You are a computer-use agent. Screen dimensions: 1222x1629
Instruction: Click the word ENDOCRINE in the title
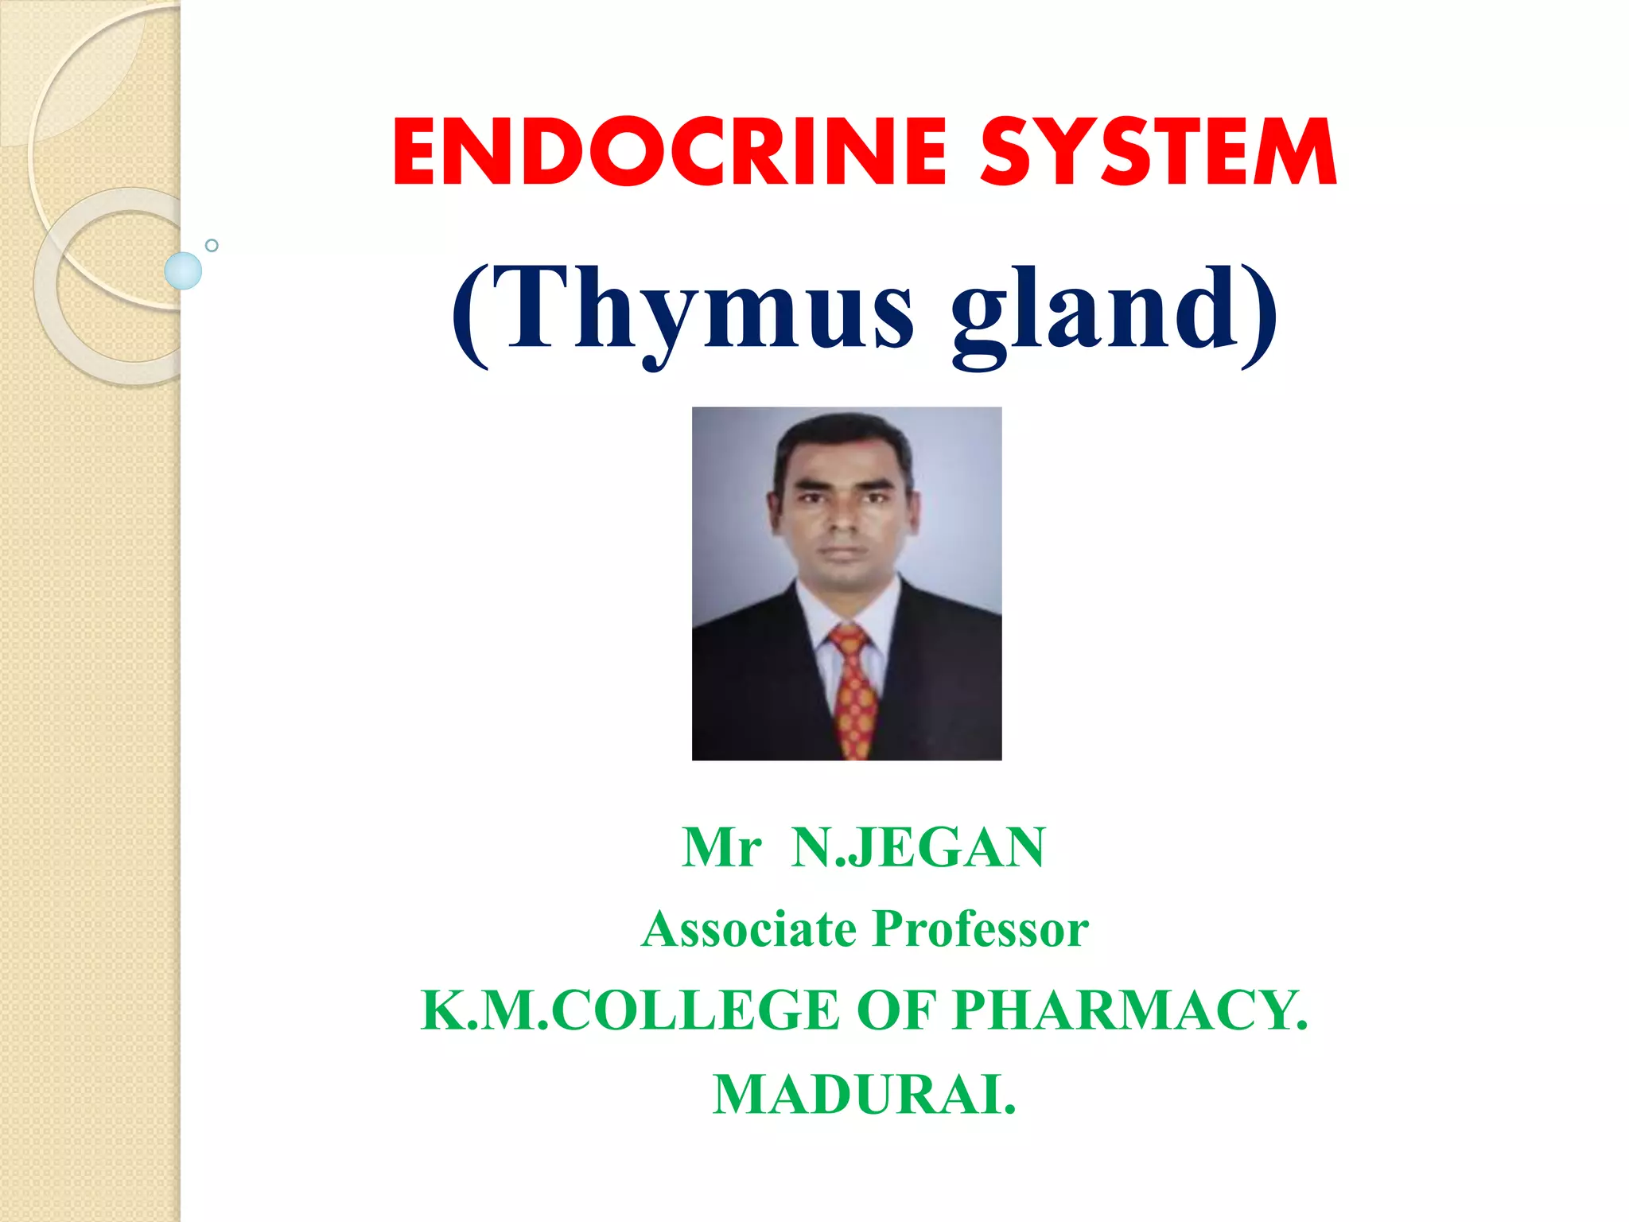click(668, 152)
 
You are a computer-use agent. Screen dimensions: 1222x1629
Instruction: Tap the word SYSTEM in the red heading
click(1158, 152)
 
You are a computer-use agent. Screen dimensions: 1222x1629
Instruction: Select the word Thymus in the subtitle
click(704, 310)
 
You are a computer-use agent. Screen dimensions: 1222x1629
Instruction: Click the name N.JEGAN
click(918, 847)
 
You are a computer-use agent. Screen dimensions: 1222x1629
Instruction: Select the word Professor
click(981, 929)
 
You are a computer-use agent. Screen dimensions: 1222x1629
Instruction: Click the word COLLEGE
click(695, 1010)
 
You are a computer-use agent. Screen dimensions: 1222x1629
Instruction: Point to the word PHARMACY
click(1129, 1010)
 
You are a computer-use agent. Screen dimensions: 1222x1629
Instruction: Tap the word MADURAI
click(864, 1096)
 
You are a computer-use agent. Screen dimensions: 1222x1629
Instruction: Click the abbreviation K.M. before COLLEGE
click(485, 1010)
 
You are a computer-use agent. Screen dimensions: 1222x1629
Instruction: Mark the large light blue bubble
click(183, 270)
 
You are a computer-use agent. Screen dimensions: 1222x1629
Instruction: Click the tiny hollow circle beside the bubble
click(212, 245)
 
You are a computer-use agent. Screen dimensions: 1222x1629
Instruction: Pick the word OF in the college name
click(896, 1010)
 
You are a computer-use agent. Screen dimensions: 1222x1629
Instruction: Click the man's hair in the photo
click(843, 442)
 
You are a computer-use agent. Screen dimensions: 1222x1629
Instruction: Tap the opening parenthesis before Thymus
click(471, 314)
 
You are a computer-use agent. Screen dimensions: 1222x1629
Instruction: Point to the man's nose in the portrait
click(845, 521)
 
